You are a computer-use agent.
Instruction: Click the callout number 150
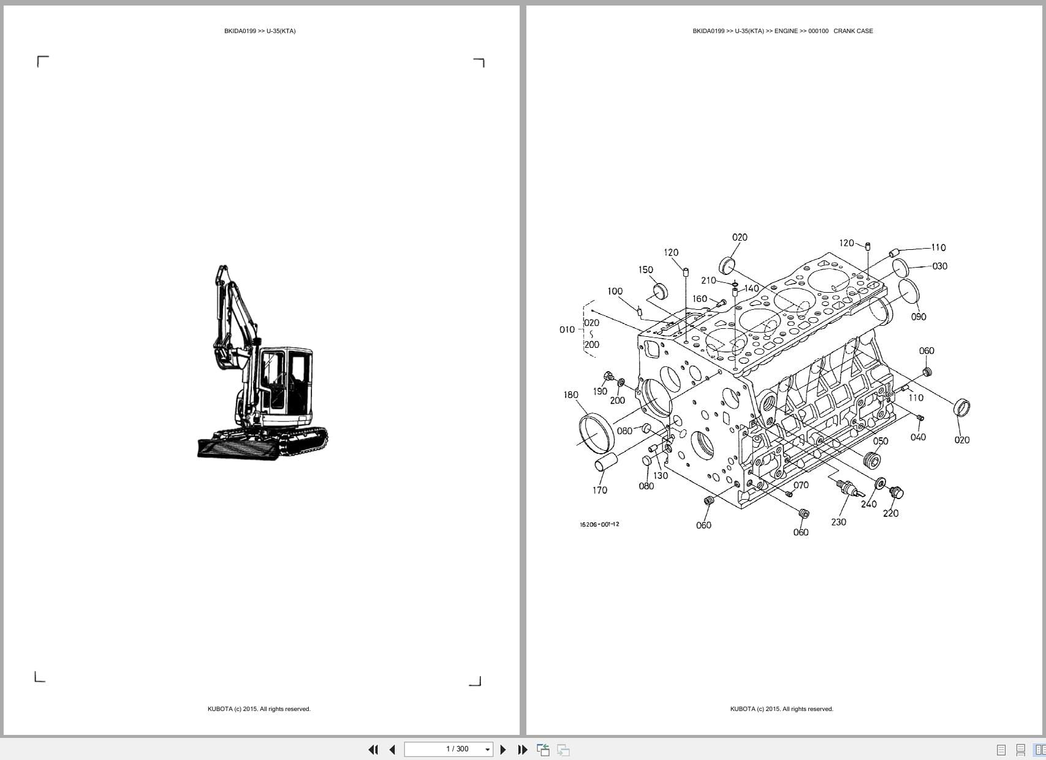pos(645,269)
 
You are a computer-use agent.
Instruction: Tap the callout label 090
pos(919,317)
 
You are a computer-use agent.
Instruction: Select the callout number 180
pos(570,395)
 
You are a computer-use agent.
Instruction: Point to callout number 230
pos(838,522)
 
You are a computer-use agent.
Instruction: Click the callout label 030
pos(939,266)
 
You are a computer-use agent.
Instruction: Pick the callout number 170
pos(600,490)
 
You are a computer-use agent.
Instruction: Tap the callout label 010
pos(567,329)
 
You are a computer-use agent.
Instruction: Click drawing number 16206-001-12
pos(599,524)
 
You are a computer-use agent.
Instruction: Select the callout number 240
pos(868,504)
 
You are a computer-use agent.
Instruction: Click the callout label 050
pos(881,441)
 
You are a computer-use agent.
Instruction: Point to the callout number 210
pos(708,280)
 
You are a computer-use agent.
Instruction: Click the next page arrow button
pos(503,750)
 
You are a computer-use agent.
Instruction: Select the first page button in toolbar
pos(373,750)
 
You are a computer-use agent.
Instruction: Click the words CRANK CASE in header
pos(853,31)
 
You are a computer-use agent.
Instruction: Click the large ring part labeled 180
pos(596,432)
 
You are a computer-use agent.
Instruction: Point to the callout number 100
pos(615,292)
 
